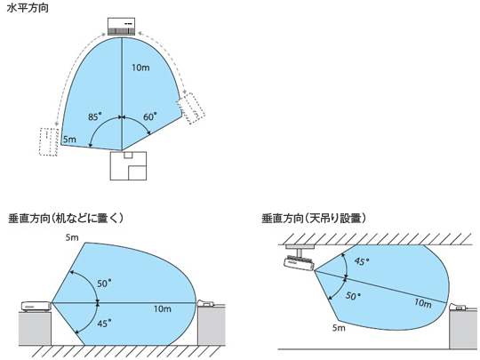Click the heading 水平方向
point(28,8)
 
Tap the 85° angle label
point(94,116)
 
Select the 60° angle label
point(150,116)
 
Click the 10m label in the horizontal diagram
point(140,68)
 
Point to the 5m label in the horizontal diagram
point(69,140)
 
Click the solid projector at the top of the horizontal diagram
point(122,27)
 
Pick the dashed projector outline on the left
point(49,141)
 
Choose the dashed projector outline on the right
point(191,108)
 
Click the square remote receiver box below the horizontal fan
point(128,165)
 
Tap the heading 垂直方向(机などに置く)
point(66,219)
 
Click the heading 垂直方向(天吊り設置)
point(314,219)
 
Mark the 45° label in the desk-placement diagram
point(104,324)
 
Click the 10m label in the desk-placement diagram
point(163,308)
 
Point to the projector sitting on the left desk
point(36,307)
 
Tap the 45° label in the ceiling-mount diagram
point(362,261)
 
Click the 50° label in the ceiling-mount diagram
point(353,296)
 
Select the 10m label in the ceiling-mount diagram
point(423,303)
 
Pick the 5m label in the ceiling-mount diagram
point(339,328)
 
